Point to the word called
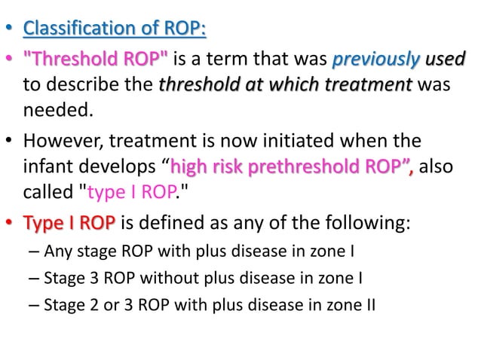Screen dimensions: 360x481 pos(50,192)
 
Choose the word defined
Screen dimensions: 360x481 pos(174,223)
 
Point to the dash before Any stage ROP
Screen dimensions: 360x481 pos(35,251)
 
